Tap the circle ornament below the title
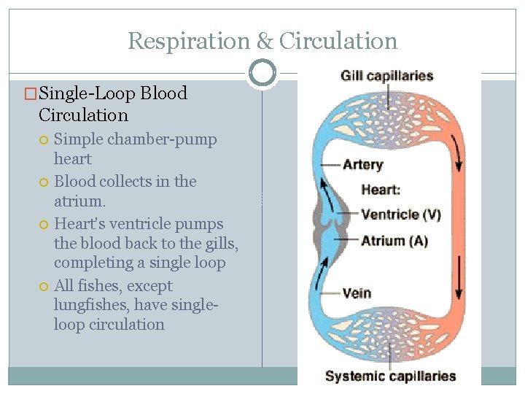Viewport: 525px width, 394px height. tap(262, 73)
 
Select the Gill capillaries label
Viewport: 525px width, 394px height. tap(386, 76)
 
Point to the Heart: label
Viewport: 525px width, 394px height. tap(381, 190)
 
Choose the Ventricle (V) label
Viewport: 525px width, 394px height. tap(401, 215)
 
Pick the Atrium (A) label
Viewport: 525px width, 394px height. tap(394, 241)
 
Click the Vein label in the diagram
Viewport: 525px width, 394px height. tap(357, 293)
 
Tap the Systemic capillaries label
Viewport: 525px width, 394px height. tap(390, 376)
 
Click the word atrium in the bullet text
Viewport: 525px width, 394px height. tap(78, 201)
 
